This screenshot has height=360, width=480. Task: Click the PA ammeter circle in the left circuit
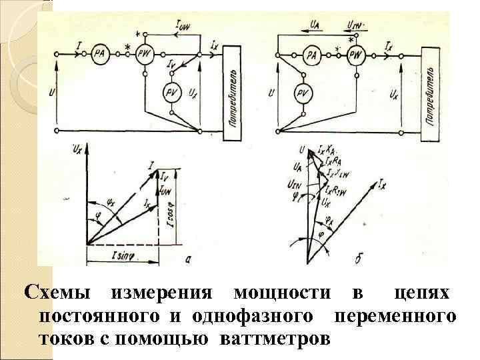pyautogui.click(x=99, y=54)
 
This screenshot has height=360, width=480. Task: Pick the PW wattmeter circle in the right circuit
pyautogui.click(x=357, y=55)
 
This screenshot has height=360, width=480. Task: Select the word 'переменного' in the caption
pyautogui.click(x=396, y=315)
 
